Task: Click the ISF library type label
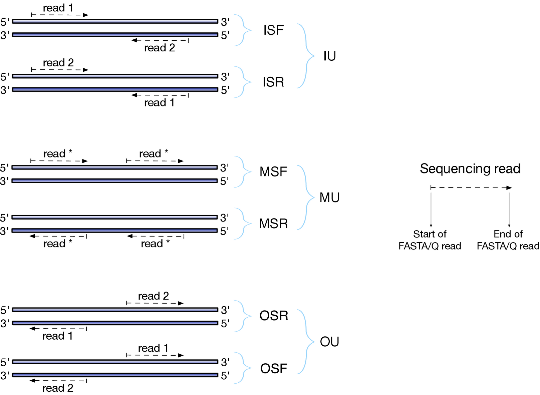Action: [x=273, y=30]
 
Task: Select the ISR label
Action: [x=273, y=82]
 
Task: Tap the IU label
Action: [x=329, y=56]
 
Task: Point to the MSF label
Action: [x=273, y=172]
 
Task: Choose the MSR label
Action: [x=273, y=224]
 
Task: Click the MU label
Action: [x=329, y=197]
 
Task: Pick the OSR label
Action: [x=274, y=316]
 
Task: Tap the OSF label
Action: [x=274, y=369]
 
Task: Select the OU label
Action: [x=329, y=342]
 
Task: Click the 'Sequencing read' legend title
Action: [x=470, y=168]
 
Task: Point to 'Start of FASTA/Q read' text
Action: [x=430, y=240]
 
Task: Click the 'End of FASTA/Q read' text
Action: [x=508, y=240]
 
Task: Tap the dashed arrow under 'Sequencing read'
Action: [x=471, y=188]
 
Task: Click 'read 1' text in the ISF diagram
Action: [x=58, y=8]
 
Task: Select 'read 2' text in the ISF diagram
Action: [x=160, y=48]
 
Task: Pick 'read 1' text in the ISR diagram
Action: [x=160, y=102]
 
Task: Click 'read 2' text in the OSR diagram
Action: [x=154, y=296]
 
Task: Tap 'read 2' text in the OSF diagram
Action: [x=58, y=388]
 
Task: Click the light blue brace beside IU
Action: [x=306, y=56]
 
